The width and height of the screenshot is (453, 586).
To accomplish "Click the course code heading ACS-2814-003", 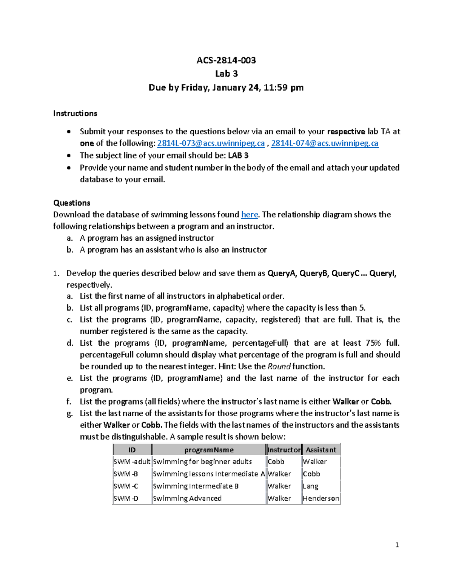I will point(226,60).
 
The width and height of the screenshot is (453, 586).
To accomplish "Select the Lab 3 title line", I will point(226,74).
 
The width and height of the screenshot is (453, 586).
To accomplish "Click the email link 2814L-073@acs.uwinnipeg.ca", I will point(211,143).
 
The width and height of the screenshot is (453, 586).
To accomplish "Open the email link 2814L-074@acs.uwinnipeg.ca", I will point(325,143).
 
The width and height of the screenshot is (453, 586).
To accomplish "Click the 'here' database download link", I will point(249,215).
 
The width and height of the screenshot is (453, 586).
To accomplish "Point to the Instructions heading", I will point(75,114).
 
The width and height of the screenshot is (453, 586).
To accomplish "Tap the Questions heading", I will point(72,203).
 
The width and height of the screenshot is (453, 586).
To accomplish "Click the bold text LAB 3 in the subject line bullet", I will point(238,155).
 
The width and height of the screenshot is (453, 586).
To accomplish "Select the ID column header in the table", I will point(132,450).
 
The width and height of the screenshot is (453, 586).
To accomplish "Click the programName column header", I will point(209,450).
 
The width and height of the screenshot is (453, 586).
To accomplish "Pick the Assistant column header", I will point(321,450).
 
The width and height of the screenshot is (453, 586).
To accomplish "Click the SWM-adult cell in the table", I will point(132,461).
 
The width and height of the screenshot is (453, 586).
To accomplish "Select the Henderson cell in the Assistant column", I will point(321,498).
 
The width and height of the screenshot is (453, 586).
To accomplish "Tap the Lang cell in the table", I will point(310,486).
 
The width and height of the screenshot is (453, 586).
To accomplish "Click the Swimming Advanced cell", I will point(187,498).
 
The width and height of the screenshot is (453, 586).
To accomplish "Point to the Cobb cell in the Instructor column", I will point(276,461).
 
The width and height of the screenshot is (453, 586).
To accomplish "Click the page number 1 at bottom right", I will point(397,544).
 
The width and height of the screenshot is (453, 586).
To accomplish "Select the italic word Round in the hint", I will point(279,366).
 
